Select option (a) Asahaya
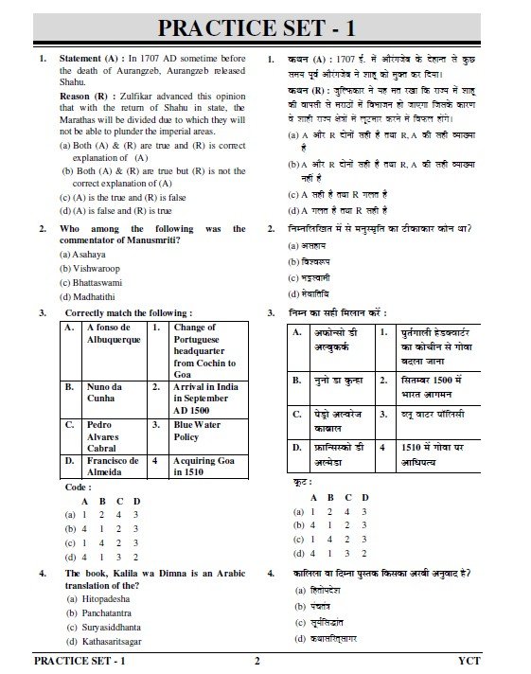tap(82, 254)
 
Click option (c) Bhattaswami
tap(91, 282)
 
